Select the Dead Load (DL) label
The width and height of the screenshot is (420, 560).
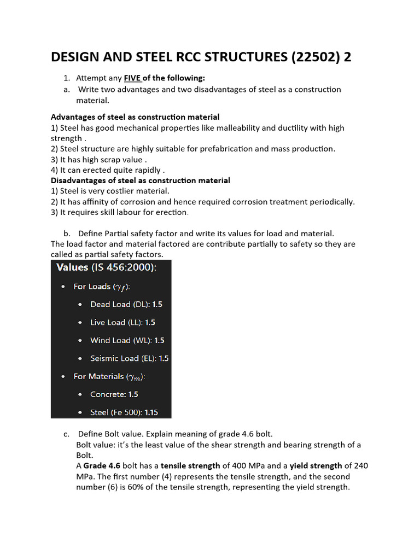click(118, 304)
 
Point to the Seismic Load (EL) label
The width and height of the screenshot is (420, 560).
click(121, 358)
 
